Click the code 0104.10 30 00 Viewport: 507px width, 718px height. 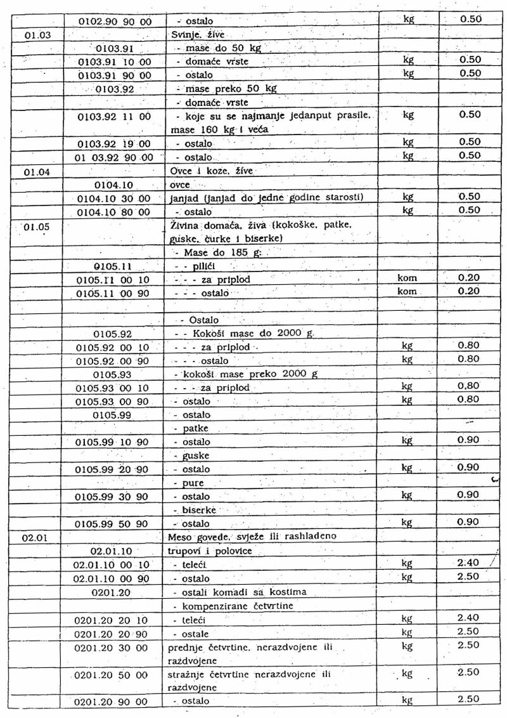click(115, 198)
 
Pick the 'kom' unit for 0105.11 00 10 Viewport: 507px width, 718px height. click(407, 278)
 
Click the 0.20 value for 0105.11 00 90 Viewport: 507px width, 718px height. click(469, 291)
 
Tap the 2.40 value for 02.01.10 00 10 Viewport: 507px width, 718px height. click(469, 563)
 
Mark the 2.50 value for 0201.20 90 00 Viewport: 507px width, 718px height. click(469, 700)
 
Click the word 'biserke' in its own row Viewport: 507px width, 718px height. click(200, 510)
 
